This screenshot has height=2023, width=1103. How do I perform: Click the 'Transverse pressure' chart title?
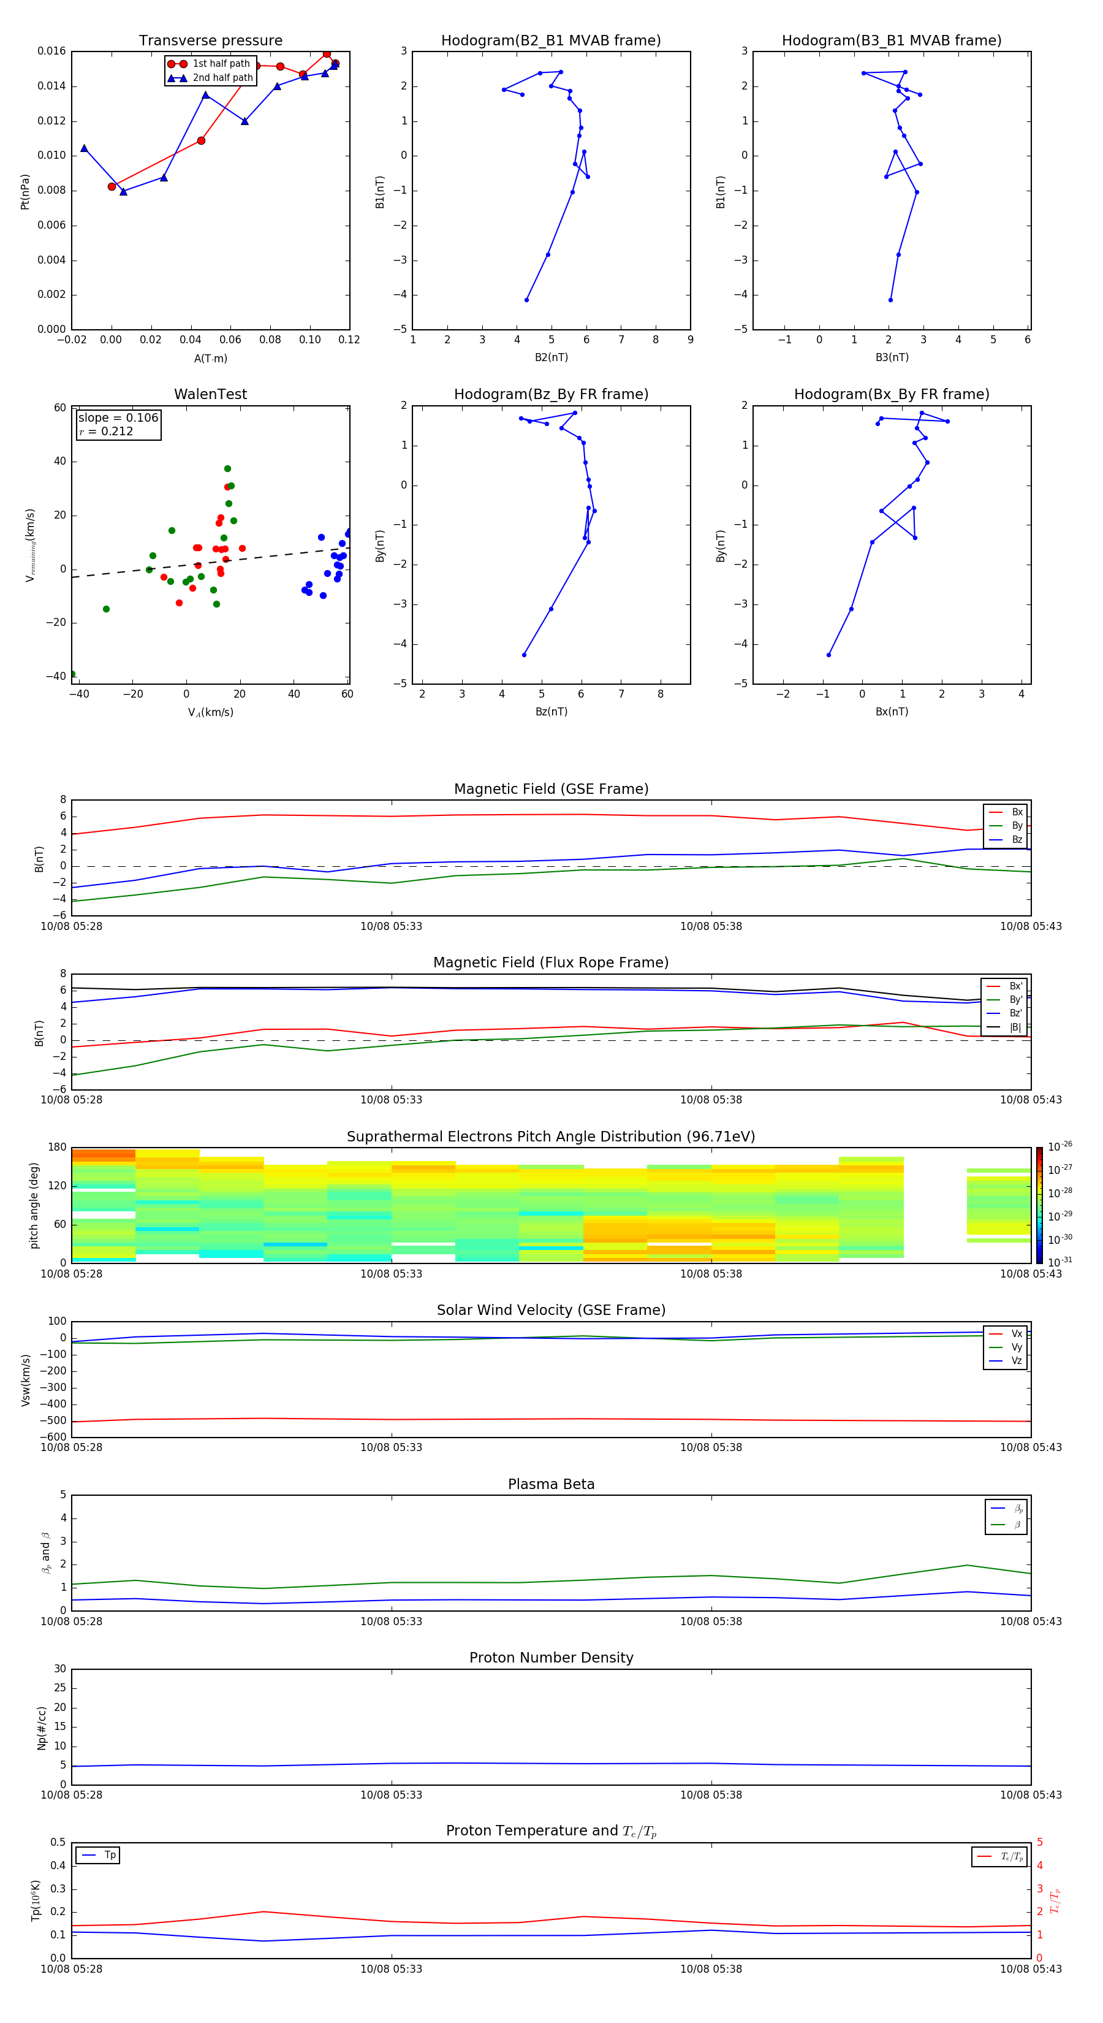point(210,41)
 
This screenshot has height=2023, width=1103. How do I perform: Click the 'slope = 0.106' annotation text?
point(118,418)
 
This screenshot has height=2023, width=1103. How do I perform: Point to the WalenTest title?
point(210,394)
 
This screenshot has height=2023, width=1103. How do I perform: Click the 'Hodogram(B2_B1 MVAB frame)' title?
point(550,41)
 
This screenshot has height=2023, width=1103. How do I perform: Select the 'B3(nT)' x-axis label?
point(892,357)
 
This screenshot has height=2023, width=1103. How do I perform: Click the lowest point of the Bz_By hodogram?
point(524,655)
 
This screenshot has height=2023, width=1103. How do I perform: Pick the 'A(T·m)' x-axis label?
point(210,358)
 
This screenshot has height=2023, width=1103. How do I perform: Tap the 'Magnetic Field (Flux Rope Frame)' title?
point(550,963)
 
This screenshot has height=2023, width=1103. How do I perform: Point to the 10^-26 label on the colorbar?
point(1060,1146)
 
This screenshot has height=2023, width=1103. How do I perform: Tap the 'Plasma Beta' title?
point(550,1484)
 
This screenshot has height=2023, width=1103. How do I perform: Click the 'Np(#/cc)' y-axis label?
point(42,1728)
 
